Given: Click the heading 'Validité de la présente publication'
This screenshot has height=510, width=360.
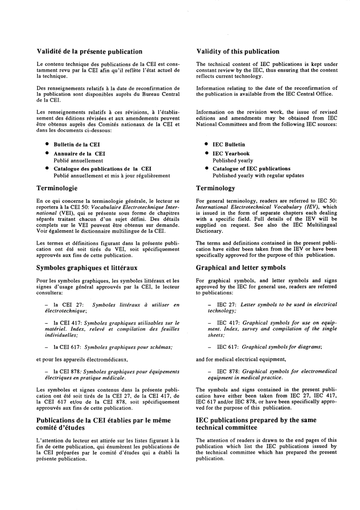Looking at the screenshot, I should point(89,52).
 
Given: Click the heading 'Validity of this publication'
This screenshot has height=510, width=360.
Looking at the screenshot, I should point(238,52).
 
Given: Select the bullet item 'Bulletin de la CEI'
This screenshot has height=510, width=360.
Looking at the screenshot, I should point(77,144).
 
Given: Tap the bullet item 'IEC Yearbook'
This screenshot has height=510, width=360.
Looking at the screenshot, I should point(231,154).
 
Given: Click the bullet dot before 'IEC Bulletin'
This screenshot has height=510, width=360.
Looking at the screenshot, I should point(206,144).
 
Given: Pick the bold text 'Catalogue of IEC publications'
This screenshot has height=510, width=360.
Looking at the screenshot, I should point(251,169).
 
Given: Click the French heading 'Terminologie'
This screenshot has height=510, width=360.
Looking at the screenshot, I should point(57,188).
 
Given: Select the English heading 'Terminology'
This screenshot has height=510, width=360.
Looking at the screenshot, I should point(215,188).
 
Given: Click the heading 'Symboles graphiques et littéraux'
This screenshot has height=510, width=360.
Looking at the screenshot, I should point(87,268).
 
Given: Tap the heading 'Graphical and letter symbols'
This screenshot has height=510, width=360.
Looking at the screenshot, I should point(241,268).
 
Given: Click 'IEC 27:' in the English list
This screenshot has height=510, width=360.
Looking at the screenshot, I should point(227,304).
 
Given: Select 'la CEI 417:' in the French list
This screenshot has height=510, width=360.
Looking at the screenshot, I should point(67,323).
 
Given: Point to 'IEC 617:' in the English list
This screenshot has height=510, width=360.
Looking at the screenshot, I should point(227,347).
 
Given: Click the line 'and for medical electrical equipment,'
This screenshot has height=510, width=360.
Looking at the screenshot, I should point(241,359).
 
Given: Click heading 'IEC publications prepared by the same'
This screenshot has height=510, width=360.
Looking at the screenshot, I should point(256,420).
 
